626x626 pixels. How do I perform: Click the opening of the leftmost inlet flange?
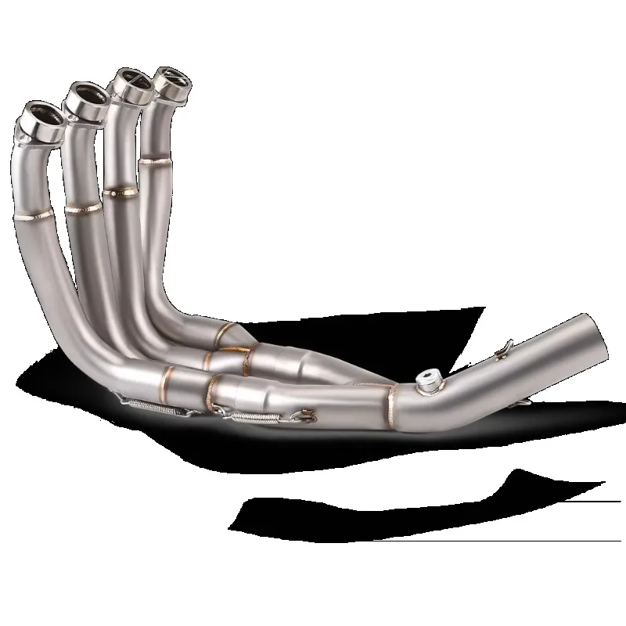point(38,116)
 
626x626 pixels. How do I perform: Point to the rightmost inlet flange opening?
point(174,74)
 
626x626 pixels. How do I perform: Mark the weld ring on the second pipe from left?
point(83,208)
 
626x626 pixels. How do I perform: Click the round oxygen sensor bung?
point(428,380)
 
